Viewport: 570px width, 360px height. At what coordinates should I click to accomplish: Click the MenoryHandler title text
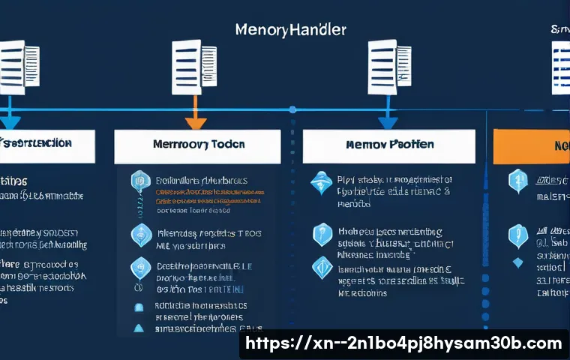pos(290,31)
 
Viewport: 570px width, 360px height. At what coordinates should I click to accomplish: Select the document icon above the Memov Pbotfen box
pos(389,67)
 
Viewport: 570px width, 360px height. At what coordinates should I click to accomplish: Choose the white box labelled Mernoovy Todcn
pos(197,147)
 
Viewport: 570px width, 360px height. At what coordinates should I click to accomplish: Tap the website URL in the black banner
pos(404,343)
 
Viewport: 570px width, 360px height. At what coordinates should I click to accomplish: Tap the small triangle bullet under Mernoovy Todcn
pos(138,328)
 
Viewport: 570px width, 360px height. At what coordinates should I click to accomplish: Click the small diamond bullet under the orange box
pos(517,263)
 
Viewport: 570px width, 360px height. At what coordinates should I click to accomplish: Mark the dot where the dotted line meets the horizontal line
pos(292,110)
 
